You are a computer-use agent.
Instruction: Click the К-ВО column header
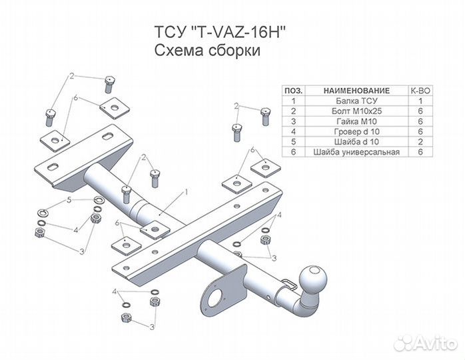[420, 89]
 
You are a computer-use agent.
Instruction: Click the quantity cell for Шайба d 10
[420, 141]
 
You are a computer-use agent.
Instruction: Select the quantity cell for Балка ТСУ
[420, 100]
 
